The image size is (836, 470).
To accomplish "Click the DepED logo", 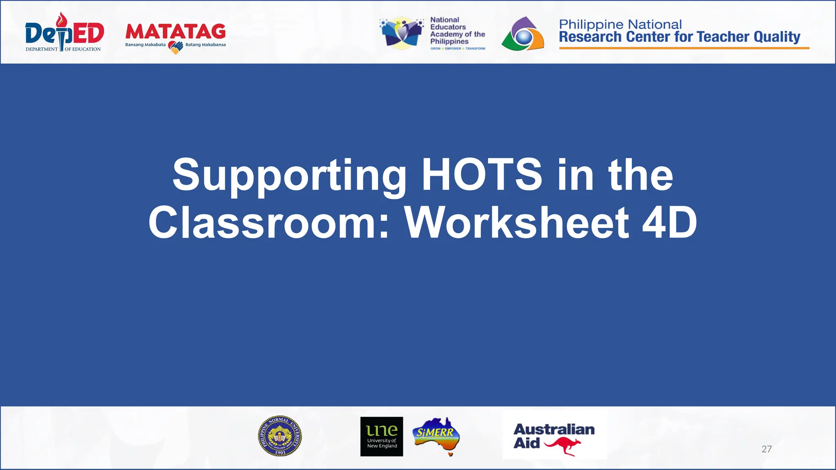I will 64,33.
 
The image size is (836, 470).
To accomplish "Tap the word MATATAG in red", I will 176,31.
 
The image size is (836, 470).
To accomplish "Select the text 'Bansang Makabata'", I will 145,45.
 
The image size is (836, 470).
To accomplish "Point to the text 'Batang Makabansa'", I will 205,45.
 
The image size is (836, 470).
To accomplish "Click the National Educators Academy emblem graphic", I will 402,33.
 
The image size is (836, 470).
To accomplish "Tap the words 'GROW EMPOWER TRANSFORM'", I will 458,49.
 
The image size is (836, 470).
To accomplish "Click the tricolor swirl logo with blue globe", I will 523,34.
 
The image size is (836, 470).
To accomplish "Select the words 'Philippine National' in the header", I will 620,24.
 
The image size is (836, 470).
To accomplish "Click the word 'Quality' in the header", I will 777,37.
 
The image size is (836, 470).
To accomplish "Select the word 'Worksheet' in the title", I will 516,223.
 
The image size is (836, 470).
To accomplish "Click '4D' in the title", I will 669,223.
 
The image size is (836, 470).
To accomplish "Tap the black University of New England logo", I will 382,436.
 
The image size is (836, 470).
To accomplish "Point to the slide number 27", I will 766,449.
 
